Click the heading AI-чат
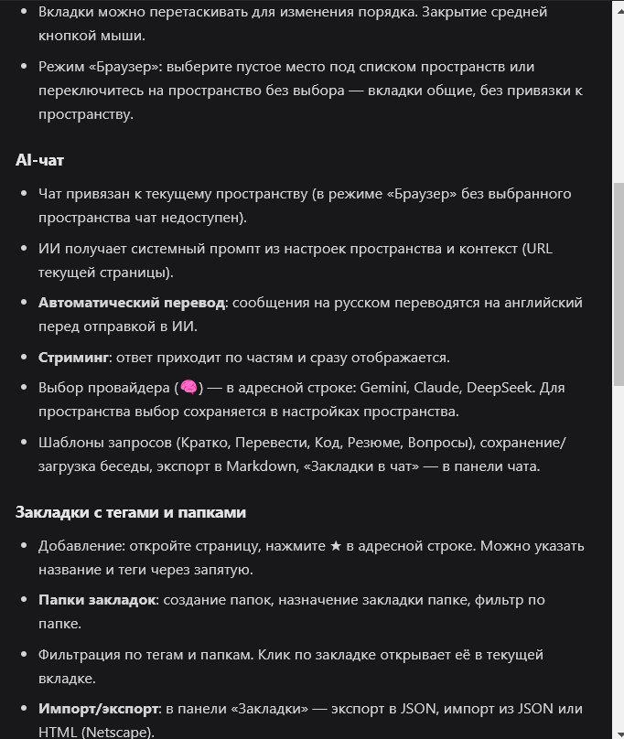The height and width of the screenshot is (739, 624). tap(39, 160)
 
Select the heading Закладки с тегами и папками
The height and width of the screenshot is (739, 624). tap(131, 512)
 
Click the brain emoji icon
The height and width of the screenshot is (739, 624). tap(188, 388)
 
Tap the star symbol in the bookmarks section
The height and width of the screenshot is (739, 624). tap(336, 546)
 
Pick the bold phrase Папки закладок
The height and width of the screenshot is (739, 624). tap(98, 600)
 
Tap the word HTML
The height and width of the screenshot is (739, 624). tap(58, 732)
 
